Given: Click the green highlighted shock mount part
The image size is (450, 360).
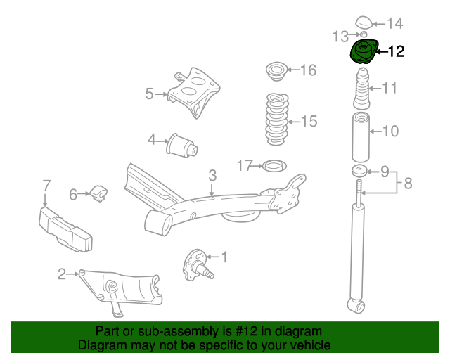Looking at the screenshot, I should (x=364, y=53).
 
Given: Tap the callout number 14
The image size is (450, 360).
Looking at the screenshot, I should (x=394, y=23).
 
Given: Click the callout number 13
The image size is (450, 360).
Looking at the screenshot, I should (x=340, y=35).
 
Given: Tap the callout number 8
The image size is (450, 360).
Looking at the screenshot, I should (x=407, y=185).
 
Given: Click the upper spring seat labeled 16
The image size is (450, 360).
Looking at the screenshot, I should (x=276, y=72).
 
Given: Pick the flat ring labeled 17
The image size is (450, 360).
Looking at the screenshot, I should (x=273, y=166).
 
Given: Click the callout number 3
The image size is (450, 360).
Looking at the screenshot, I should (x=212, y=175).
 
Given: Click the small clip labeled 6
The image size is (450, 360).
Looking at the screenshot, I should (x=99, y=191).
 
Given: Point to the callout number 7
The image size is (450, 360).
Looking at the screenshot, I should (x=46, y=186).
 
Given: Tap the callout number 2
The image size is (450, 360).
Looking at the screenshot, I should (x=63, y=274).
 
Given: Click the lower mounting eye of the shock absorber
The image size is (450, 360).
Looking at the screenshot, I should (x=358, y=306).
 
